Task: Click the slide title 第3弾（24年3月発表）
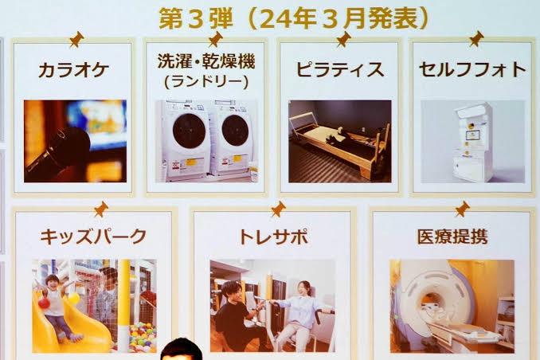pyautogui.click(x=293, y=19)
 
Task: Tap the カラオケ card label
pyautogui.click(x=74, y=70)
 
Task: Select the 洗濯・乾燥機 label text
pyautogui.click(x=206, y=61)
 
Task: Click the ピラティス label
pyautogui.click(x=340, y=69)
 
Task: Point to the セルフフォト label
pyautogui.click(x=472, y=69)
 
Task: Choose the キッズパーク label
pyautogui.click(x=93, y=237)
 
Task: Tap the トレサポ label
pyautogui.click(x=273, y=237)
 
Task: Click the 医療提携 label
pyautogui.click(x=452, y=237)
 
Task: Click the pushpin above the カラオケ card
pyautogui.click(x=76, y=39)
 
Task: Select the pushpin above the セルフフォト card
pyautogui.click(x=476, y=38)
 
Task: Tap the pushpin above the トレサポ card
pyautogui.click(x=278, y=209)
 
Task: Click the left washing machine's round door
pyautogui.click(x=189, y=131)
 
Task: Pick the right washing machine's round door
pyautogui.click(x=235, y=131)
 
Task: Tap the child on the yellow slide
pyautogui.click(x=57, y=306)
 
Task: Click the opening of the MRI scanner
pyautogui.click(x=432, y=303)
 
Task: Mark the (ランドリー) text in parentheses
pyautogui.click(x=206, y=82)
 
